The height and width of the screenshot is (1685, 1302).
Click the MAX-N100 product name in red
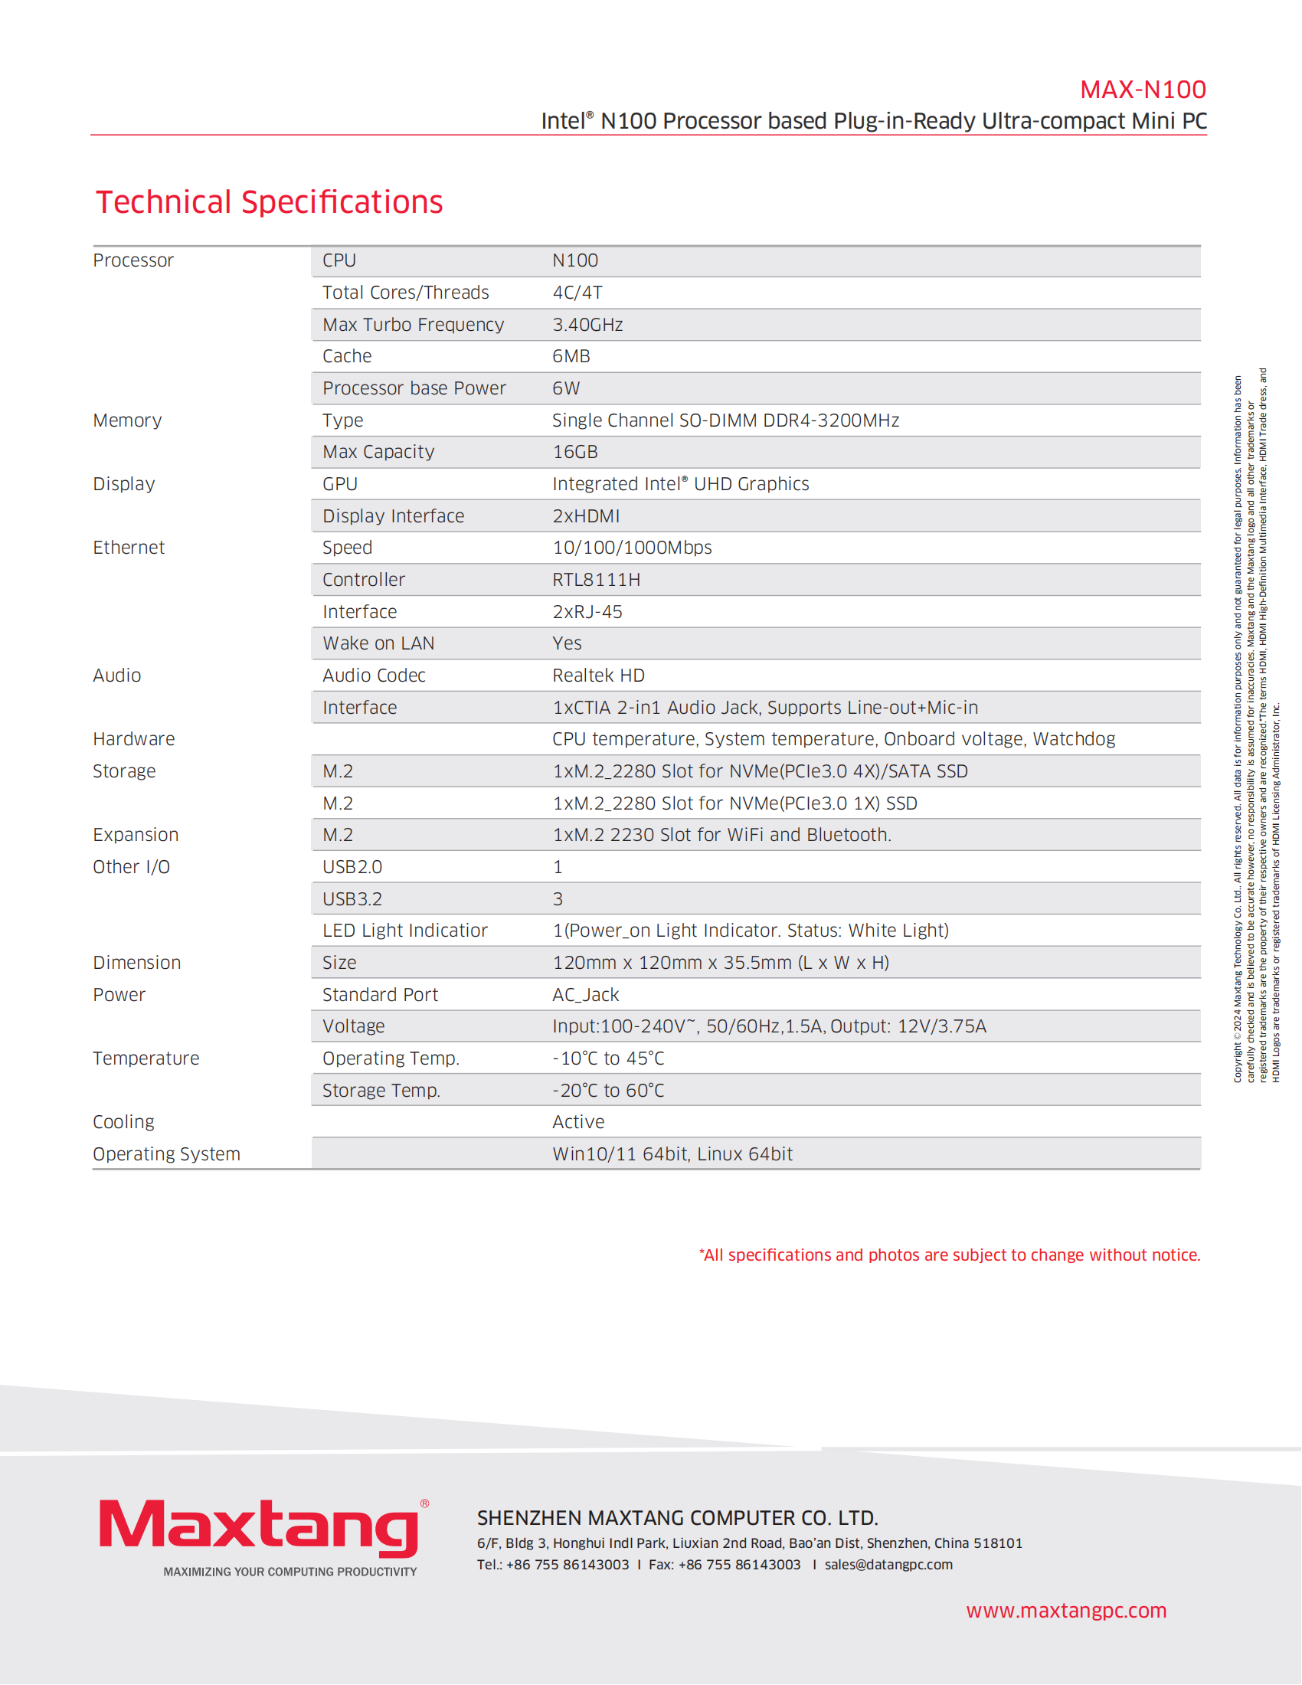[x=1143, y=90]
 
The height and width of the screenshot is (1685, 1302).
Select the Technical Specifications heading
[x=269, y=202]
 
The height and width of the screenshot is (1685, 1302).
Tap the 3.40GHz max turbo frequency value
[x=587, y=325]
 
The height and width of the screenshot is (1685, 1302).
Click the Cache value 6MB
[x=571, y=356]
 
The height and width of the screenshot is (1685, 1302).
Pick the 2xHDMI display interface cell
[x=585, y=516]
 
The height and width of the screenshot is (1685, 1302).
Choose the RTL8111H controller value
[x=595, y=581]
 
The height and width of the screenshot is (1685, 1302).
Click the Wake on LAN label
[x=378, y=643]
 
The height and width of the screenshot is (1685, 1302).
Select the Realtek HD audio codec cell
[x=598, y=676]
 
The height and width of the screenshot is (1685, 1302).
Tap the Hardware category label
[x=133, y=739]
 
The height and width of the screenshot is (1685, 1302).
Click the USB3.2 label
[x=352, y=900]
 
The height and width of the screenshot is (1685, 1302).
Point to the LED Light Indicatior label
[x=405, y=931]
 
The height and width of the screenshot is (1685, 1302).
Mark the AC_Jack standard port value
[x=584, y=995]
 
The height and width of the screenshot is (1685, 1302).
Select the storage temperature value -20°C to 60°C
[x=608, y=1091]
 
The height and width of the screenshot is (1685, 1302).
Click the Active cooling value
[x=577, y=1123]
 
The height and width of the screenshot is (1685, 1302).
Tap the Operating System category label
[x=167, y=1155]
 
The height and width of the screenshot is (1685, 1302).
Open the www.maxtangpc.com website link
[x=1066, y=1611]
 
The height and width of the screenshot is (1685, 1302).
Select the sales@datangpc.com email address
[x=888, y=1565]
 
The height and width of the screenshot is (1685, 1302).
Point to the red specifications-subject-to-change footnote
[x=949, y=1255]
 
